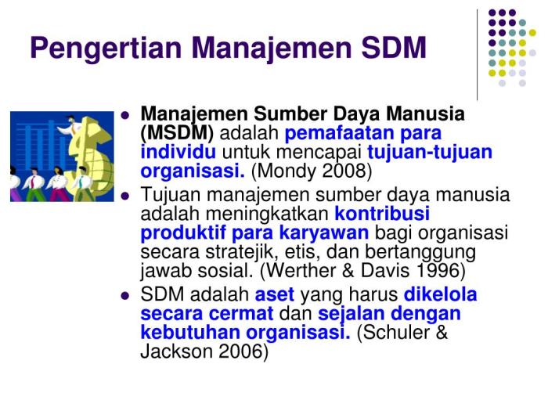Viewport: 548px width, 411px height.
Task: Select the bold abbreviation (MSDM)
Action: point(177,133)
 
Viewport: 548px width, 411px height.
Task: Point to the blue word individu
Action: point(178,153)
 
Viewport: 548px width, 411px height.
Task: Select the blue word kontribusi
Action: point(382,213)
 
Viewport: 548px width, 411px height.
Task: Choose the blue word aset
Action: point(275,295)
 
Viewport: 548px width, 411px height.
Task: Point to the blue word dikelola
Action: point(440,295)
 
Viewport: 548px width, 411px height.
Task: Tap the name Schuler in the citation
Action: point(398,333)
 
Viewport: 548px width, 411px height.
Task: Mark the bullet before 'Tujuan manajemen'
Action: point(124,196)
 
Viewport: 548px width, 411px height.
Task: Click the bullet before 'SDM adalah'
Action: point(124,296)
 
